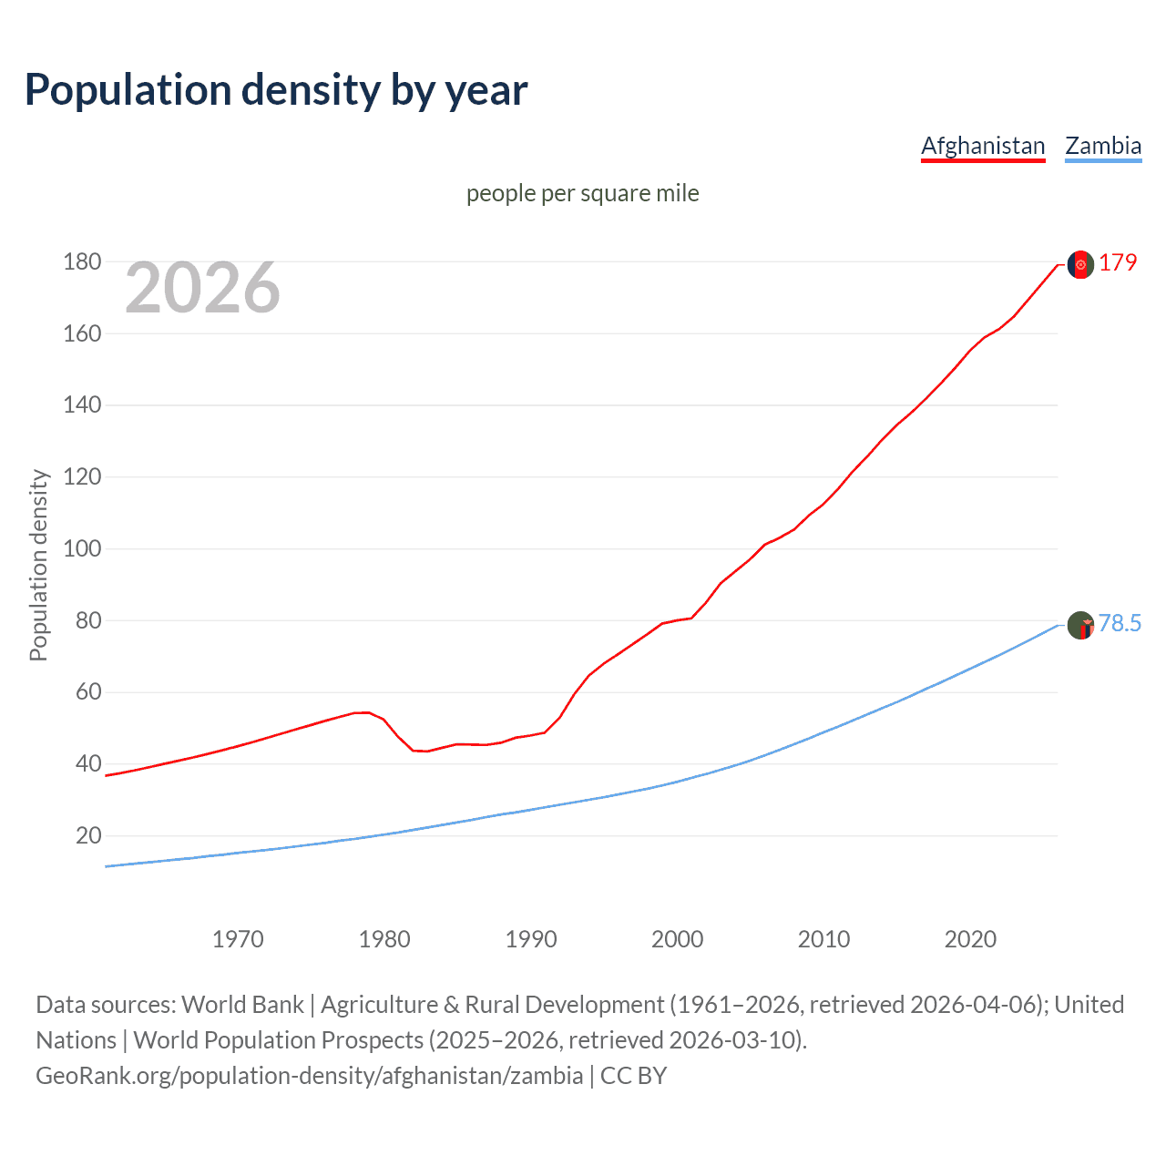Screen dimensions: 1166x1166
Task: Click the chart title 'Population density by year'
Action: coord(276,90)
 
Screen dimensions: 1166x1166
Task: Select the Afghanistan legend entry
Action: coord(983,146)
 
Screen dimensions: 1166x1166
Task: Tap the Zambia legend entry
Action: coord(1103,146)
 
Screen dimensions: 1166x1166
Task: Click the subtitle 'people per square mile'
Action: coord(582,193)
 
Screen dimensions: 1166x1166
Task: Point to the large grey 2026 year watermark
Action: coord(202,288)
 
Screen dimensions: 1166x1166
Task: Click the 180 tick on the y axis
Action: coord(82,262)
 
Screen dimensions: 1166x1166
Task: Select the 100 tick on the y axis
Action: coord(82,549)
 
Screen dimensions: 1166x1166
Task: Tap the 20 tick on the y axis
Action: coord(88,835)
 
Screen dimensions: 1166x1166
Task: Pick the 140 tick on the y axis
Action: coord(82,405)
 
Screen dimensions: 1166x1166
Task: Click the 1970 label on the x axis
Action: coord(238,939)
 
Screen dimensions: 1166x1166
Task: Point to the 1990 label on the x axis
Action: coord(531,939)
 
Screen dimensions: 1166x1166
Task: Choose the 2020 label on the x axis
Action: coord(970,939)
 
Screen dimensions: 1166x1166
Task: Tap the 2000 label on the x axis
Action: coord(678,939)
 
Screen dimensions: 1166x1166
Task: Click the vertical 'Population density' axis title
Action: coord(38,565)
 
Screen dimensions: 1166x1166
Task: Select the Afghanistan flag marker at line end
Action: coord(1080,264)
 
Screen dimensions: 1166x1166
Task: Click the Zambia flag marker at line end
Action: coord(1080,625)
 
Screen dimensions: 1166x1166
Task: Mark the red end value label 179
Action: coord(1118,263)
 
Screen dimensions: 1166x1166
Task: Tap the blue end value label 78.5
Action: coord(1120,623)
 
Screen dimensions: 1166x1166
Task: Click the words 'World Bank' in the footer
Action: coord(242,1005)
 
